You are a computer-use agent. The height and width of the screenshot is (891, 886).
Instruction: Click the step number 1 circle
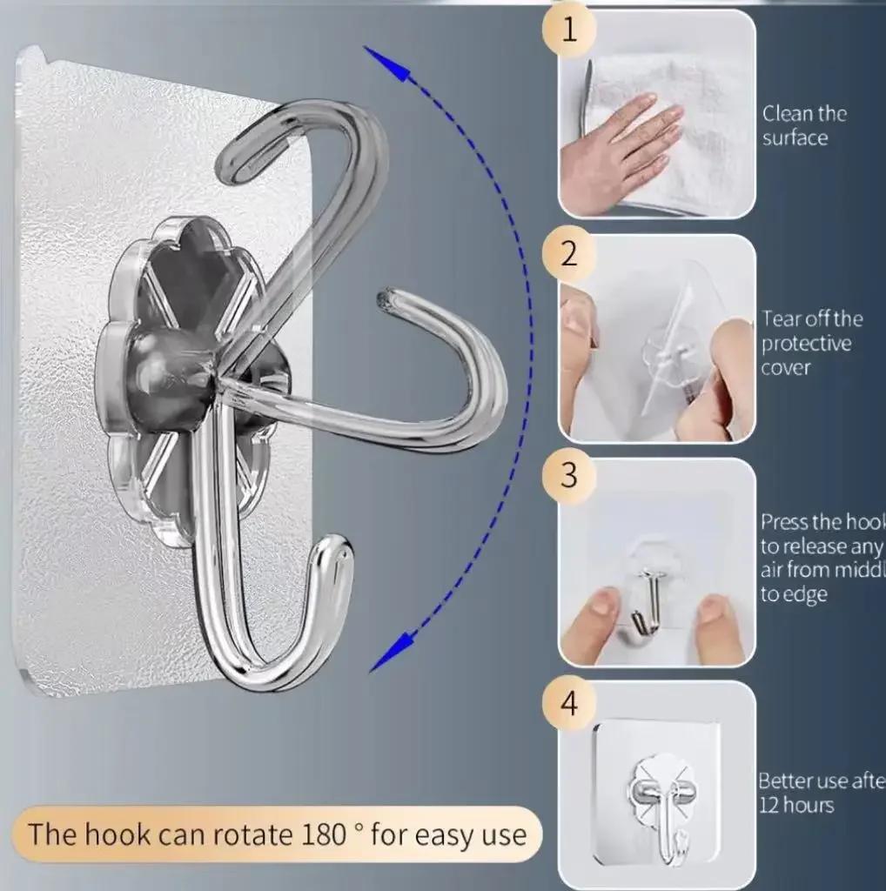coord(569,30)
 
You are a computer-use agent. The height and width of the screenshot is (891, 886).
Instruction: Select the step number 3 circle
coord(569,477)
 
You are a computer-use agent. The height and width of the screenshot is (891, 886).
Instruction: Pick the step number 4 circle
coord(569,701)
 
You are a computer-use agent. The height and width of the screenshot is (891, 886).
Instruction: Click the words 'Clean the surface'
coord(803,125)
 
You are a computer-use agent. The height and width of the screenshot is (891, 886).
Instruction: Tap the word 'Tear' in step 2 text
coord(781,318)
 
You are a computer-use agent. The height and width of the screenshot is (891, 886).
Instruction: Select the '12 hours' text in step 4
coord(795,805)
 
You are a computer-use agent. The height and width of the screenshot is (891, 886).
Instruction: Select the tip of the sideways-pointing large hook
coord(384,300)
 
